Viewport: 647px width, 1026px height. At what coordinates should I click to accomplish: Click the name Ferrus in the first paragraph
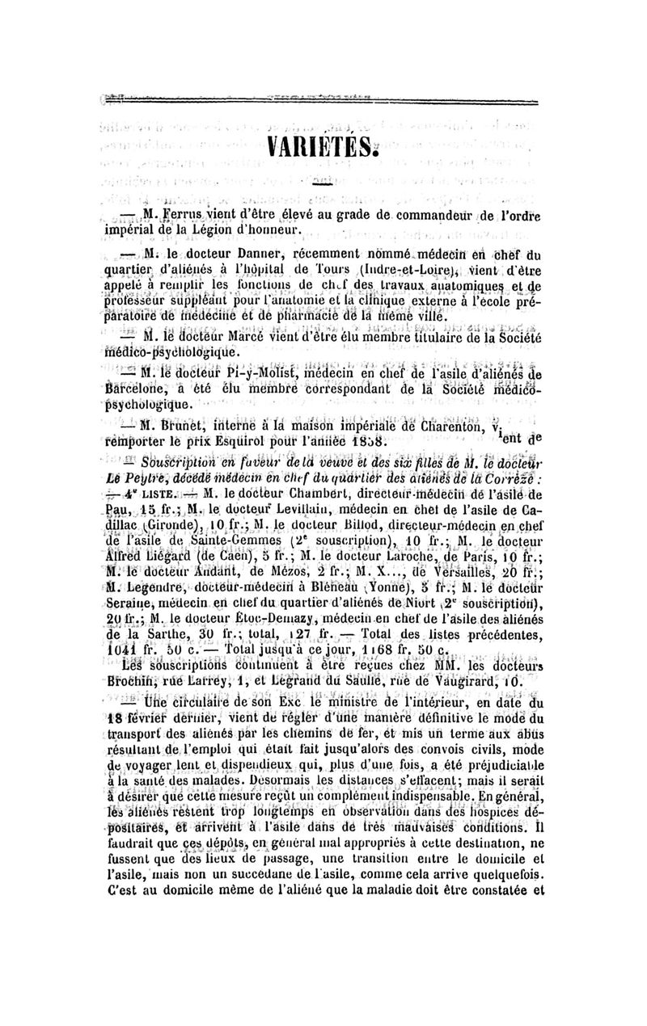[x=180, y=214]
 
